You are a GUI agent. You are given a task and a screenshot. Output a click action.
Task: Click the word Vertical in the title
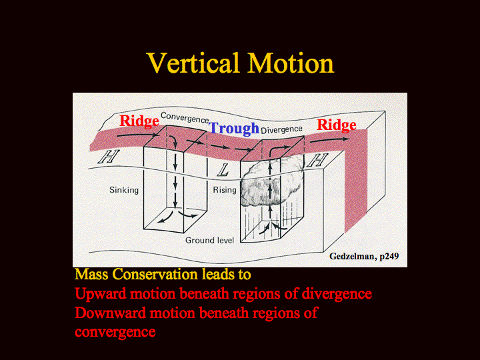(x=193, y=63)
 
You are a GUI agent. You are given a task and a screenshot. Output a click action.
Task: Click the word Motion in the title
(x=291, y=63)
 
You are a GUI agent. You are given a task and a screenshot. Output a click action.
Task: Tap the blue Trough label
(x=234, y=129)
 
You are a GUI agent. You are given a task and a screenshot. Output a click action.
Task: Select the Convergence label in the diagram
(x=185, y=117)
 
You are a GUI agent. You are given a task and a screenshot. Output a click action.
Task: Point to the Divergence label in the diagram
(x=281, y=130)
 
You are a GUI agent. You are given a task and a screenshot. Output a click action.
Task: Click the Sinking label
(x=124, y=190)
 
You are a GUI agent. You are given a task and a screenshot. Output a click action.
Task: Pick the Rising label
(x=225, y=190)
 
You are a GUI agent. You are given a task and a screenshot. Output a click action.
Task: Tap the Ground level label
(x=210, y=240)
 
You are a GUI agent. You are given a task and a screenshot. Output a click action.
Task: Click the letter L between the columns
(x=223, y=170)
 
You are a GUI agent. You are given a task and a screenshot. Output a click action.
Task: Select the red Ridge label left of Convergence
(x=139, y=121)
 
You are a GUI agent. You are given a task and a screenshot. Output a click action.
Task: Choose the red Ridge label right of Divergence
(x=337, y=125)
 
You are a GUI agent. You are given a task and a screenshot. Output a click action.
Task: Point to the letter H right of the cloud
(x=318, y=160)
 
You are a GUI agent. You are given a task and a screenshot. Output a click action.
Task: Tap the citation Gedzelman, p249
(x=364, y=256)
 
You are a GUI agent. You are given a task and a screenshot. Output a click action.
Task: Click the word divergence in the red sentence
(x=337, y=294)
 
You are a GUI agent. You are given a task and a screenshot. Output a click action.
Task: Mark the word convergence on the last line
(x=115, y=332)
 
